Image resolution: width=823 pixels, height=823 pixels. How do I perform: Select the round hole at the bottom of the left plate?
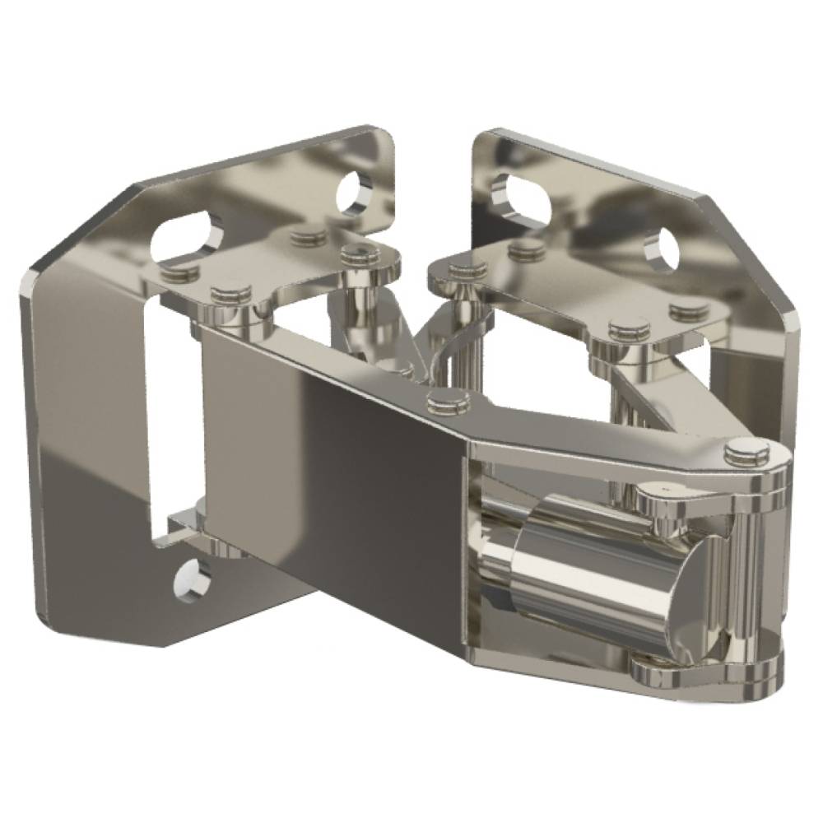click(x=190, y=581)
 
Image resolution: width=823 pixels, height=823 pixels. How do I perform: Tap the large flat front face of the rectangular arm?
click(x=329, y=461)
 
